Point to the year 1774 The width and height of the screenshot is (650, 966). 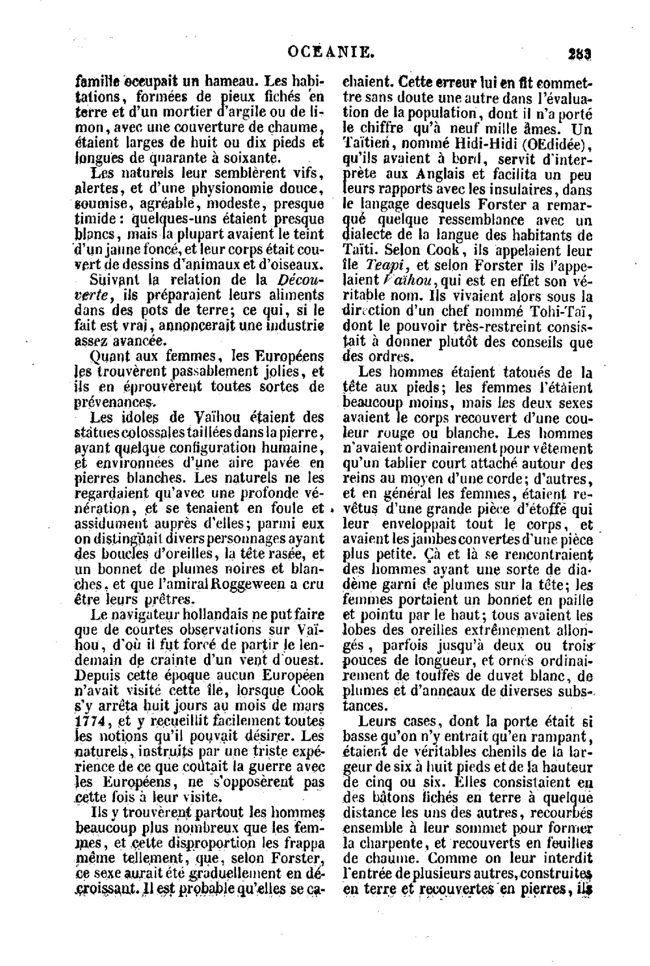[89, 720]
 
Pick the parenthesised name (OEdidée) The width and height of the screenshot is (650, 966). [560, 142]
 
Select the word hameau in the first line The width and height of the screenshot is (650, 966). [217, 83]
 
